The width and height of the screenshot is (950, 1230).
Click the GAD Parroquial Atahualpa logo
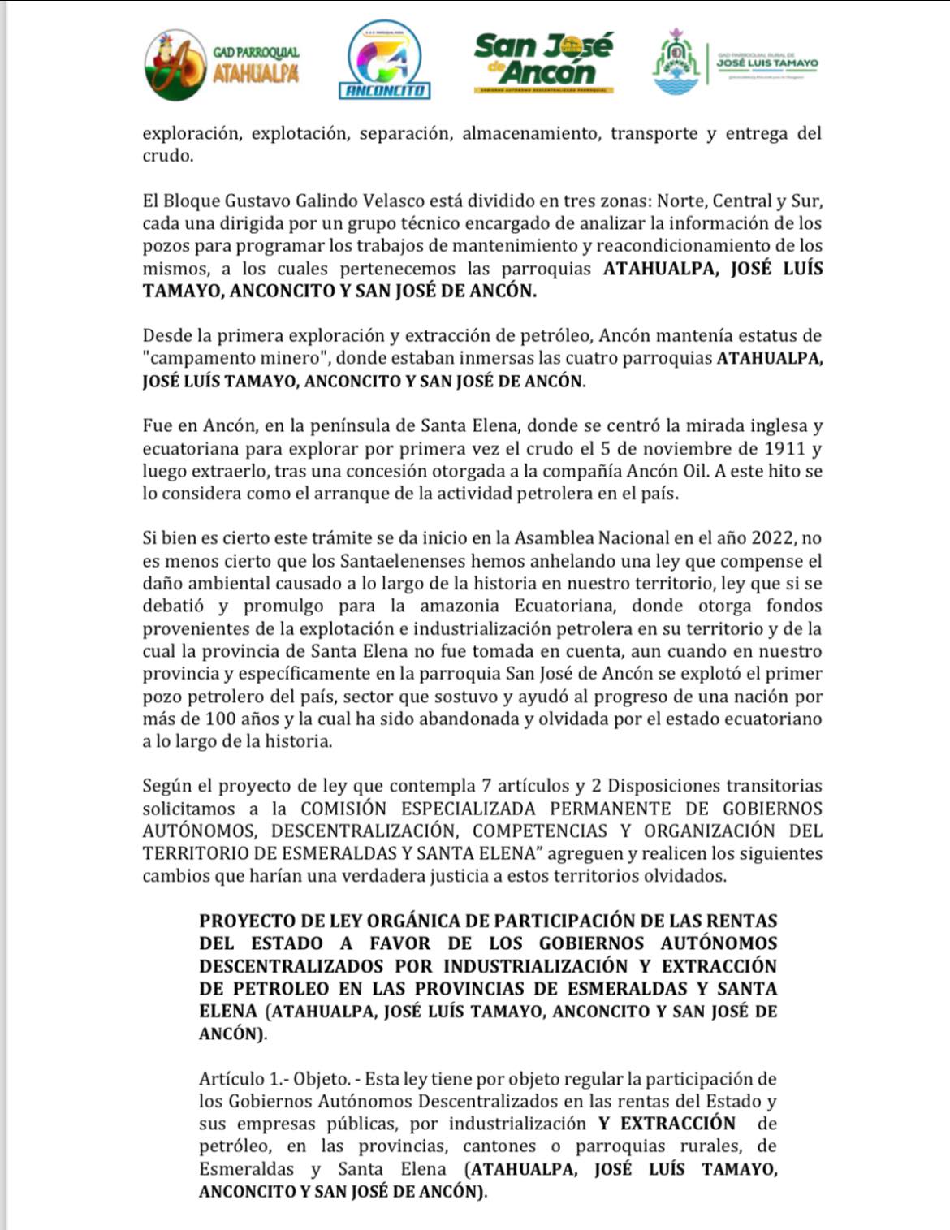pyautogui.click(x=220, y=65)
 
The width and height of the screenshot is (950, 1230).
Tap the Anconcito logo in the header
pyautogui.click(x=384, y=60)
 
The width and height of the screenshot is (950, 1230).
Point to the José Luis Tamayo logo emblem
pyautogui.click(x=676, y=63)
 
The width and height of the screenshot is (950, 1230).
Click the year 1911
pyautogui.click(x=784, y=448)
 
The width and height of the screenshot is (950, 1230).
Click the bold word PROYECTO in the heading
pyautogui.click(x=247, y=921)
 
